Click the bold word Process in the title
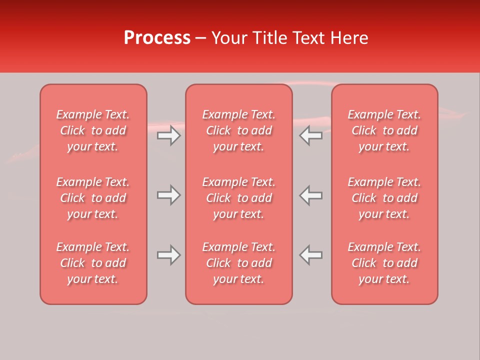pyautogui.click(x=157, y=38)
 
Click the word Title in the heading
pyautogui.click(x=269, y=38)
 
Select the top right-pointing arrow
pyautogui.click(x=169, y=135)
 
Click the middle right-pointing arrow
pyautogui.click(x=169, y=195)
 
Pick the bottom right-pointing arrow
pyautogui.click(x=169, y=255)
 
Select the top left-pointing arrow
pyautogui.click(x=311, y=135)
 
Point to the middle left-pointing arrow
pyautogui.click(x=311, y=195)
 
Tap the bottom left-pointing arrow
pyautogui.click(x=311, y=255)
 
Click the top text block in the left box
pyautogui.click(x=93, y=130)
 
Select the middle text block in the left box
pyautogui.click(x=93, y=198)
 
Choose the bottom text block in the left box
pyautogui.click(x=93, y=263)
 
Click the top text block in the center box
pyautogui.click(x=239, y=130)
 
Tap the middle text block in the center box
pyautogui.click(x=239, y=198)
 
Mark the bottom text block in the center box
pyautogui.click(x=239, y=263)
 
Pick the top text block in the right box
pyautogui.click(x=384, y=130)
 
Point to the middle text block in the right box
pyautogui.click(x=384, y=198)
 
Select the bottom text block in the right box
pyautogui.click(x=384, y=263)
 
